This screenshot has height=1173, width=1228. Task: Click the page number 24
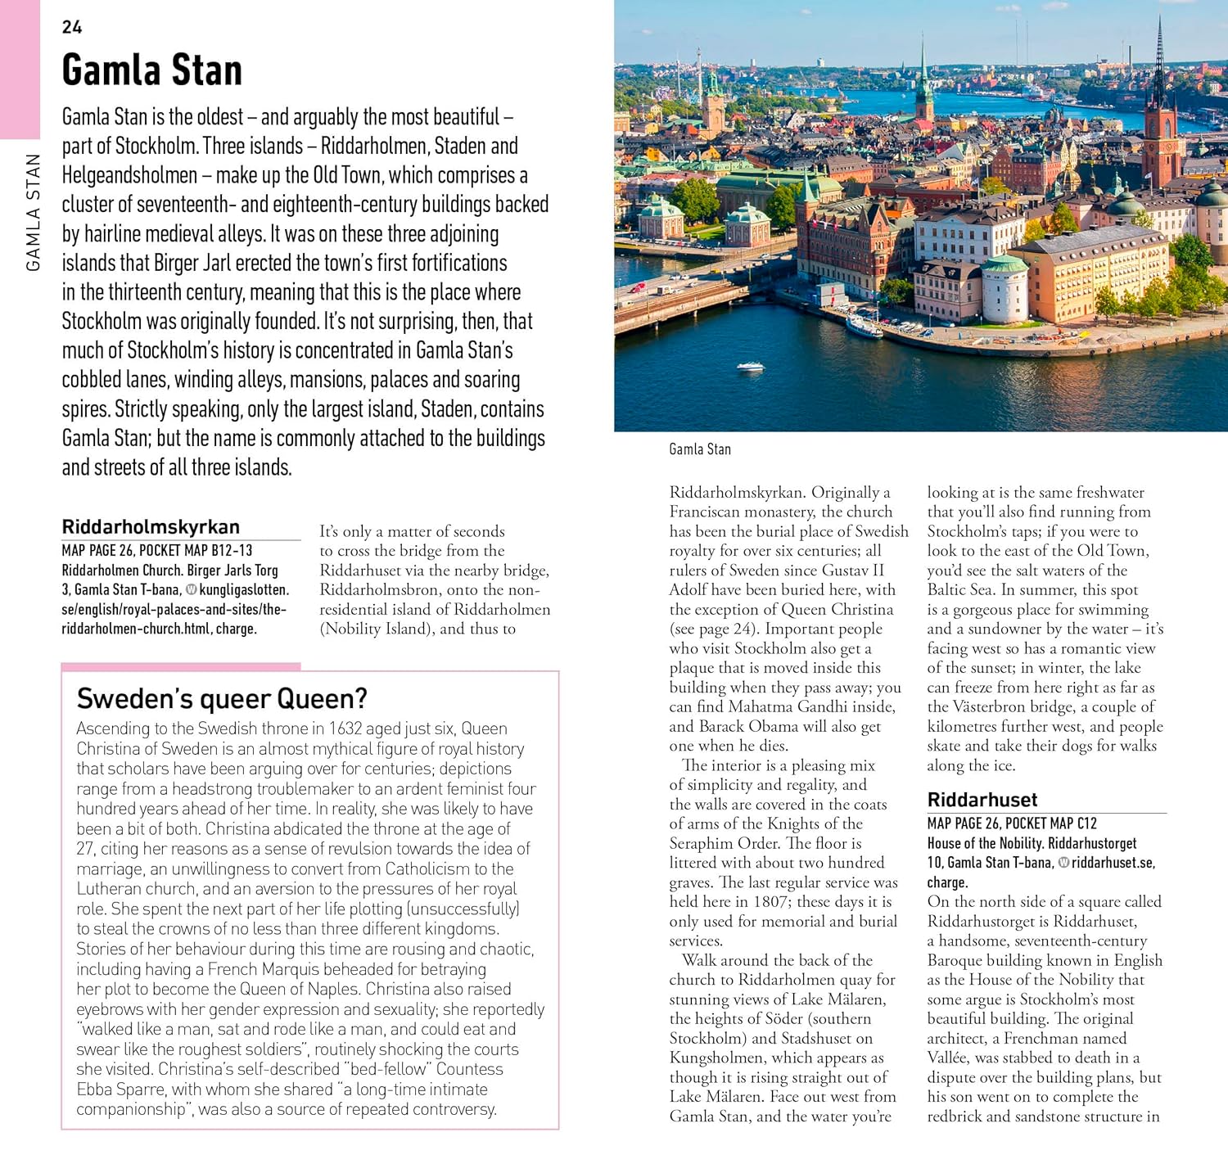tap(72, 27)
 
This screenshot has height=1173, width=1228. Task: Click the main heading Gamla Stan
tap(151, 70)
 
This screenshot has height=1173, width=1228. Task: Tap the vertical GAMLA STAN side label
tap(33, 212)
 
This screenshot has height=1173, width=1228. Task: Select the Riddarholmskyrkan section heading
tap(151, 526)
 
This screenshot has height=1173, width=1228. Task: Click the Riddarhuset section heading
tap(982, 800)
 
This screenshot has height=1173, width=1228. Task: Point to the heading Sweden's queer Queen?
tap(222, 698)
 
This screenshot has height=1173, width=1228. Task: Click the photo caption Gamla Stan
tap(699, 449)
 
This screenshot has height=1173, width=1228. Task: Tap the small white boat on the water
tap(751, 368)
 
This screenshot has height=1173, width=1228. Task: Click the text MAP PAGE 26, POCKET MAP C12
tap(1011, 823)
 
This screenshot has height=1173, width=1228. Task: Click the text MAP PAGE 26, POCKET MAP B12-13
tap(156, 550)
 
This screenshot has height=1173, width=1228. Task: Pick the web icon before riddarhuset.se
tap(1063, 863)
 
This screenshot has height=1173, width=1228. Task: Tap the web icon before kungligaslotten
tap(191, 589)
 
